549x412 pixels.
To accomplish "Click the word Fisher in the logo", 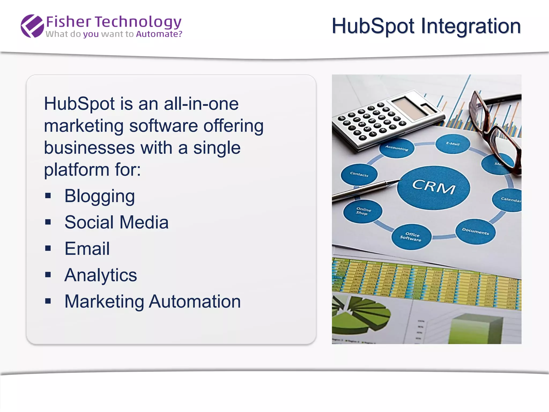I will pyautogui.click(x=69, y=22).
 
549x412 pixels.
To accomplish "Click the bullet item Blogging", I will pyautogui.click(x=99, y=196).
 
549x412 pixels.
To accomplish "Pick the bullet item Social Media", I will pyautogui.click(x=116, y=222).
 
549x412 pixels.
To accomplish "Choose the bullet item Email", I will pyautogui.click(x=87, y=249).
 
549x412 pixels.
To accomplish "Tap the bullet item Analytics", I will pyautogui.click(x=101, y=275).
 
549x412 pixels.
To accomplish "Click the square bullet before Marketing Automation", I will pyautogui.click(x=48, y=301).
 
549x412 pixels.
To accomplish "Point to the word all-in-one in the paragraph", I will pyautogui.click(x=201, y=104).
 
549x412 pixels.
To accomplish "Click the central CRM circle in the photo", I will pyautogui.click(x=433, y=187).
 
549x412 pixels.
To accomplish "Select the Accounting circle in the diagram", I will pyautogui.click(x=397, y=148).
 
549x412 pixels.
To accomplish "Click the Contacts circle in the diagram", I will pyautogui.click(x=359, y=174).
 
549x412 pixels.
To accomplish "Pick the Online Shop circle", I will pyautogui.click(x=363, y=211).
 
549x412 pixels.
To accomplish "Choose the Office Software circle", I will pyautogui.click(x=411, y=237).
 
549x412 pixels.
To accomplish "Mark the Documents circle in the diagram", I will pyautogui.click(x=475, y=231).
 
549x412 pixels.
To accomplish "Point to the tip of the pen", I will pyautogui.click(x=399, y=180).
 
